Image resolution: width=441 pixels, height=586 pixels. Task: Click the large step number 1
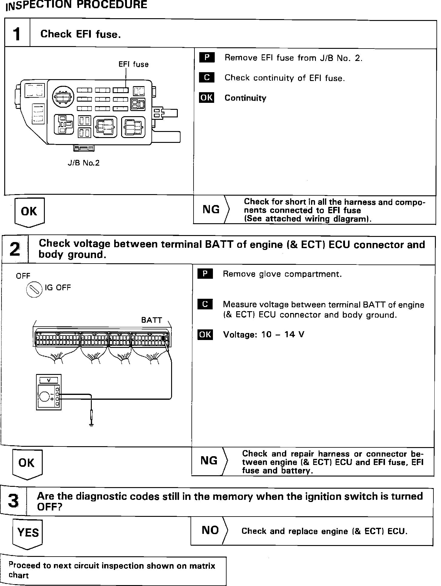[x=17, y=34]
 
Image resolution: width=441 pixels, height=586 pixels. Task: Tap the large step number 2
[x=15, y=249]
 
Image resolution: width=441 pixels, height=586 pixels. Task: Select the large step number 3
[x=13, y=501]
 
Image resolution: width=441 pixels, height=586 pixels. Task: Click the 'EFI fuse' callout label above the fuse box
[x=133, y=64]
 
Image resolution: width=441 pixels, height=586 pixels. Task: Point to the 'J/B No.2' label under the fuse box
[x=83, y=163]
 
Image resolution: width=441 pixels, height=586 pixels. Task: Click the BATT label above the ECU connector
[x=151, y=320]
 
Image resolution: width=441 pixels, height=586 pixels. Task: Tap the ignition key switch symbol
[x=34, y=290]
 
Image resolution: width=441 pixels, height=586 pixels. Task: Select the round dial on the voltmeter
[x=45, y=396]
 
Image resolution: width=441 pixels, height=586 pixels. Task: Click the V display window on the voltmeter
[x=49, y=380]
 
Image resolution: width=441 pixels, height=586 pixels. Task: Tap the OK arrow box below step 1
[x=29, y=212]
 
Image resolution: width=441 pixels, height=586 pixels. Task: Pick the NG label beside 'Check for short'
[x=211, y=210]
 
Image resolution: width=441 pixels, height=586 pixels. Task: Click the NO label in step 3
[x=210, y=530]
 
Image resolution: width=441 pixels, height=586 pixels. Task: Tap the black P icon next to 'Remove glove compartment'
[x=205, y=274]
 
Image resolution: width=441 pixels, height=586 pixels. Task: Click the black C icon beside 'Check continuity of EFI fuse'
[x=207, y=78]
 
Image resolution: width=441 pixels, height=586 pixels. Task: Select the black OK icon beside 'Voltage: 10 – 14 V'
[x=205, y=335]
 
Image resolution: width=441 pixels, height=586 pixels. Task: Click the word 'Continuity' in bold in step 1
[x=245, y=98]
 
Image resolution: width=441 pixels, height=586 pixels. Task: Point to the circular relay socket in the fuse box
[x=62, y=97]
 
